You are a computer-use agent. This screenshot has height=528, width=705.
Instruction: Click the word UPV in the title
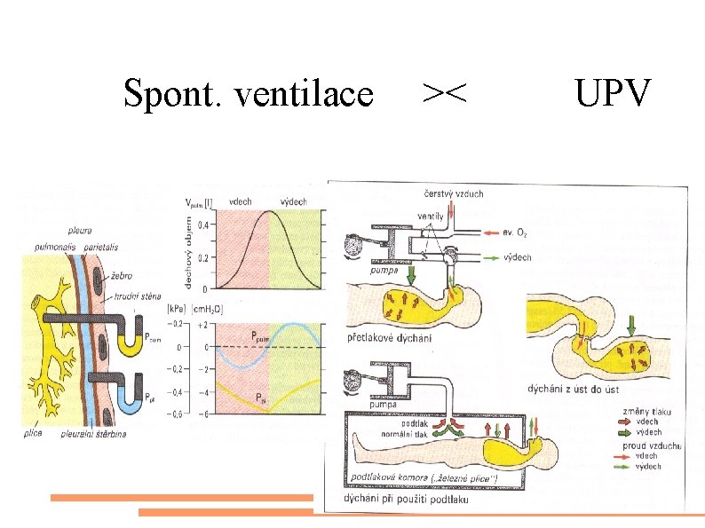coord(613,92)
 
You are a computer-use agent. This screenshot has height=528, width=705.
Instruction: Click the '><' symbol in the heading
coord(445,92)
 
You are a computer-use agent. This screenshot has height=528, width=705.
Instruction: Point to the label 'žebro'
coord(123,277)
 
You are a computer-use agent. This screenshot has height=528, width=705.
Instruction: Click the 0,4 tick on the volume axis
coord(205,225)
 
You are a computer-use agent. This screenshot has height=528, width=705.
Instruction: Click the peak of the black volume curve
coord(269,218)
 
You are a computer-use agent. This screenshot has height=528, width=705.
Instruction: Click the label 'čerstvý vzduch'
coord(453,193)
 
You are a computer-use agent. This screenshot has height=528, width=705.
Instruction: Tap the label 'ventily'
coord(432,216)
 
